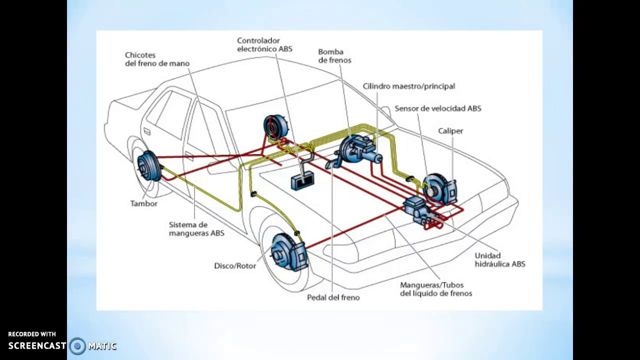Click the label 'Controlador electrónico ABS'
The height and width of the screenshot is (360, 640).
coord(264,45)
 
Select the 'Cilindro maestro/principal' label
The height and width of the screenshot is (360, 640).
coord(408,86)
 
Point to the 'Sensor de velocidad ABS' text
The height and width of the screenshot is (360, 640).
coord(437,108)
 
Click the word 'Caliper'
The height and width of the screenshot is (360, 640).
coord(450,131)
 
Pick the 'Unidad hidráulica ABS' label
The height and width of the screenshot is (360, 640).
coord(499,259)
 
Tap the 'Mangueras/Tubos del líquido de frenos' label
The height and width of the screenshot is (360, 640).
coord(435,289)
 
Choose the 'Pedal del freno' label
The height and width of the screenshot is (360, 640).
coord(333,297)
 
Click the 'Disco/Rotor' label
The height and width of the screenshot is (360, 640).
coord(235,266)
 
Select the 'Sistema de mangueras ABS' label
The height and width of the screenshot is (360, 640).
coord(196,229)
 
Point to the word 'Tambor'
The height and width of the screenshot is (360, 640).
coord(143,204)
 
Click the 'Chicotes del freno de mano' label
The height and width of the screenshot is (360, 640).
coord(157,59)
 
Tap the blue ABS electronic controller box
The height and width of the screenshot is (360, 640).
coord(302,180)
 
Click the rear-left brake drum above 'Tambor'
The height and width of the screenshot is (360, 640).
coord(148,165)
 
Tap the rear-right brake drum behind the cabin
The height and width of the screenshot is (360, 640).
coord(275,127)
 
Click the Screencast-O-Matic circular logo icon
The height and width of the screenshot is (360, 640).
coord(77,345)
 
